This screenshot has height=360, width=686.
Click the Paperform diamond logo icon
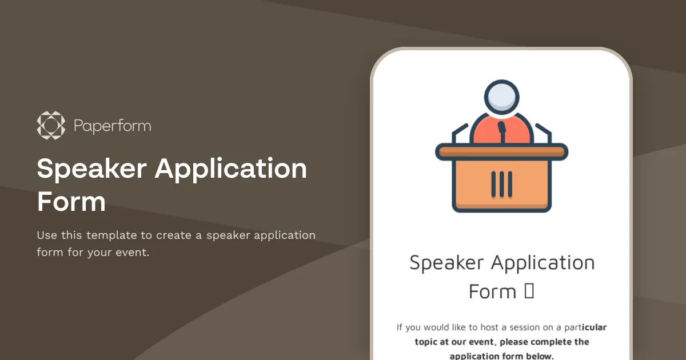(x=51, y=126)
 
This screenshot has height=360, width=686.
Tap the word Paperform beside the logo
(x=113, y=126)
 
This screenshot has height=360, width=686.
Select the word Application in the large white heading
(x=231, y=169)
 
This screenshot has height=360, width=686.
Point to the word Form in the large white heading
(x=71, y=202)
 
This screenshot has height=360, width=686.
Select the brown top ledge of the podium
(x=501, y=151)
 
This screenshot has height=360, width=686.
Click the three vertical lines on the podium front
(x=501, y=182)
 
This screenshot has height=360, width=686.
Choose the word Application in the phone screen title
(x=543, y=263)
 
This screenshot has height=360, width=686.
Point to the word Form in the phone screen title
(x=492, y=291)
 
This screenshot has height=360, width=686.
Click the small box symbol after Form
(x=529, y=291)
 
